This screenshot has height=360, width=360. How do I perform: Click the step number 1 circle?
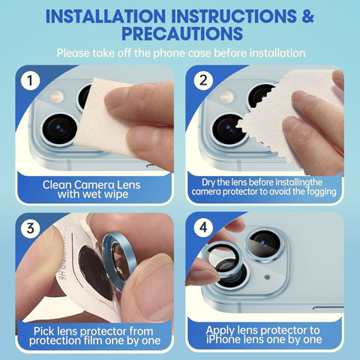click(x=30, y=80)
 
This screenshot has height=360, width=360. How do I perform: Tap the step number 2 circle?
click(x=203, y=80)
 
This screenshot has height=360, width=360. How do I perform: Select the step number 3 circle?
click(x=30, y=228)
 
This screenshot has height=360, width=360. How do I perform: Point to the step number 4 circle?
click(x=203, y=227)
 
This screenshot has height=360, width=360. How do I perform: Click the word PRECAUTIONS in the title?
click(x=182, y=34)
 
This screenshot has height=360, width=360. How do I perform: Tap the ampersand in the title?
click(x=307, y=16)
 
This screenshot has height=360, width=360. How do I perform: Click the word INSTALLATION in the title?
click(x=106, y=16)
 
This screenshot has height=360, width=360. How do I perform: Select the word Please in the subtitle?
click(x=73, y=53)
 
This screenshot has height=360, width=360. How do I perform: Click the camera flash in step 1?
click(x=56, y=96)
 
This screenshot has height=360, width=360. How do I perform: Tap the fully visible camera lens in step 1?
click(x=59, y=129)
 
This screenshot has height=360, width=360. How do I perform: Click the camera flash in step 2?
click(x=226, y=96)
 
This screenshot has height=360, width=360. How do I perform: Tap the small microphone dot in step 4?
click(x=267, y=277)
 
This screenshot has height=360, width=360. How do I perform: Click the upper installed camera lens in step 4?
click(x=265, y=244)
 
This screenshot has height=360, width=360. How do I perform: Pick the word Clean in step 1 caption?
click(x=57, y=185)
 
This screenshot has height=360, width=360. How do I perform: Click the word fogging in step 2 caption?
click(x=322, y=192)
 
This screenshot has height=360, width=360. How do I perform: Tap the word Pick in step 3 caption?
click(x=44, y=331)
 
